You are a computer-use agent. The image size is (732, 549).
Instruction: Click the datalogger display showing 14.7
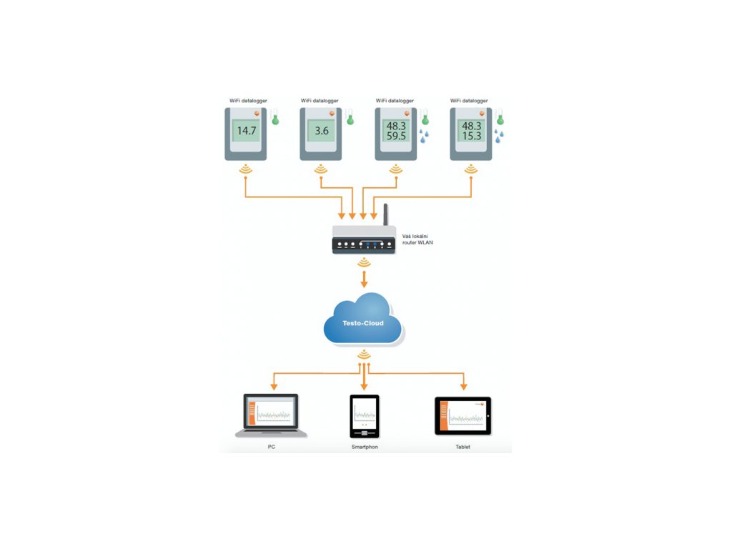coord(246,131)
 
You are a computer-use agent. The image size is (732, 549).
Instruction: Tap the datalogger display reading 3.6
coord(321,131)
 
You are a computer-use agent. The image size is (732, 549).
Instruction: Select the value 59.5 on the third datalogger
coord(396,137)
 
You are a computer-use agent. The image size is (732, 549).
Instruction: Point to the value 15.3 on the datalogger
coord(472,137)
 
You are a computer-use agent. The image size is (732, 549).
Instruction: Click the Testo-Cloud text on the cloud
coord(362,323)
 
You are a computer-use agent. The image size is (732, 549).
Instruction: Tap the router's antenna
coord(385,214)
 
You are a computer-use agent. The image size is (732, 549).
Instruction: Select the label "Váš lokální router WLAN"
coord(417,239)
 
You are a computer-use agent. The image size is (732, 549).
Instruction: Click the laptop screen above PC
coord(271,411)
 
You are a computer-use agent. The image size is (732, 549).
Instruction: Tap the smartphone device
coord(364,417)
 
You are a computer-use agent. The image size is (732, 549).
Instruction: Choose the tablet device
coord(463,416)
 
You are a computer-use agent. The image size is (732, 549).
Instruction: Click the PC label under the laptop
coord(271,447)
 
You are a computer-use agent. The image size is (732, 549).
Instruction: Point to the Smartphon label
coord(365,447)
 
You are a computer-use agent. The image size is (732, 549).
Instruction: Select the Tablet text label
coord(463,447)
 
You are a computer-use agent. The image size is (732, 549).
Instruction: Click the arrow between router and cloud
coord(364,279)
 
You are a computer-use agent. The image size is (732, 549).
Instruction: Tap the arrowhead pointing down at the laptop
coord(274,387)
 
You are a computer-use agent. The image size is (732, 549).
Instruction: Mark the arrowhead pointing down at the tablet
coord(463,387)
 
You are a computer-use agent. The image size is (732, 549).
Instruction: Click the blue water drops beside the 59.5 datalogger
coord(424,136)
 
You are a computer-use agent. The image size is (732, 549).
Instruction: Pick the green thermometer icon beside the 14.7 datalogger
coord(275,117)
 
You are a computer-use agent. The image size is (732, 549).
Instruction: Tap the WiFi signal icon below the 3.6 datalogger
coord(321,169)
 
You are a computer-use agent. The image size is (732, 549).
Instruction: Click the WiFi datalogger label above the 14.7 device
coord(248,100)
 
